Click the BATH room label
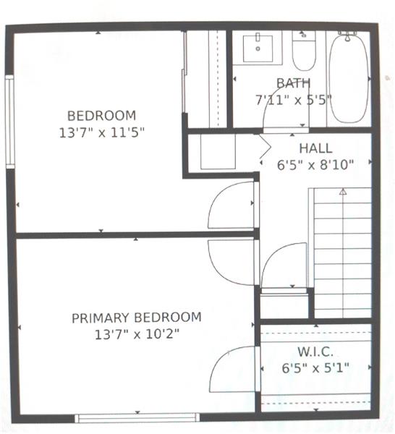(x=294, y=83)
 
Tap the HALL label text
(x=315, y=148)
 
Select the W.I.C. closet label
(x=315, y=352)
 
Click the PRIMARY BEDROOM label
(x=137, y=318)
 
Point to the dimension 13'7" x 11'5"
(x=102, y=133)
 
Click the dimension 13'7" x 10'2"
(x=137, y=334)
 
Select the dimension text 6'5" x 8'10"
(x=315, y=165)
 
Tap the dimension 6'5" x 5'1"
(x=315, y=368)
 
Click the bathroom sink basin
(x=258, y=48)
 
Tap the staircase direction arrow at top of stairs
(x=343, y=191)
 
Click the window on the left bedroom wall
(x=9, y=122)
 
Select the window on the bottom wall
(x=137, y=417)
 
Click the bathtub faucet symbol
(x=348, y=36)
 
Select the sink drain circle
(x=258, y=48)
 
